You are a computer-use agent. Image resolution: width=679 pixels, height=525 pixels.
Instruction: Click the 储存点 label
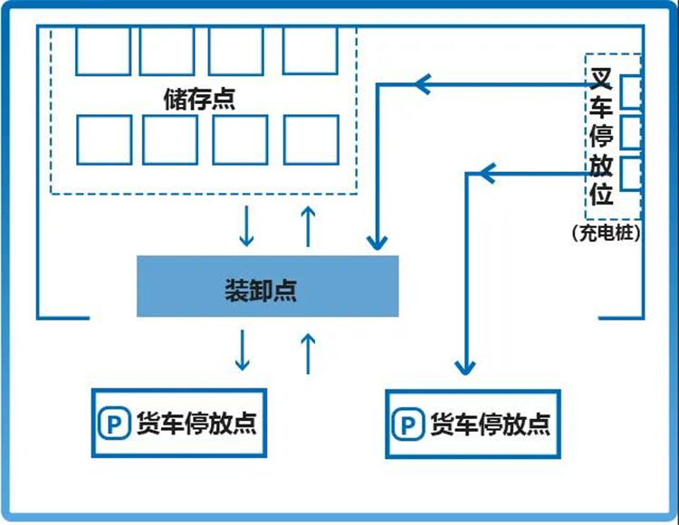tap(198, 98)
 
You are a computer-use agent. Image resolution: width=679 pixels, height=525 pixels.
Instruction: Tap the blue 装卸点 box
tap(267, 286)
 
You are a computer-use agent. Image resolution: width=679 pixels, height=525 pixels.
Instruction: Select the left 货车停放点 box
tap(181, 423)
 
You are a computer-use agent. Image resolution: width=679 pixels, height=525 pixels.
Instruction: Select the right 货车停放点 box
tap(473, 424)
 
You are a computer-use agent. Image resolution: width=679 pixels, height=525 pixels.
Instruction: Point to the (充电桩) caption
tap(607, 233)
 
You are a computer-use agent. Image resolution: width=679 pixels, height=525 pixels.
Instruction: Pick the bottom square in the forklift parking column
tap(630, 172)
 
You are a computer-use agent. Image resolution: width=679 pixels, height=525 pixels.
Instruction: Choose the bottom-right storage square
tap(311, 139)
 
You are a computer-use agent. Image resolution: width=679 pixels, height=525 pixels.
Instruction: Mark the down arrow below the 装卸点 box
tap(243, 350)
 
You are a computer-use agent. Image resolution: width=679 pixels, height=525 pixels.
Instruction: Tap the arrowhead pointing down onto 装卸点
tap(376, 242)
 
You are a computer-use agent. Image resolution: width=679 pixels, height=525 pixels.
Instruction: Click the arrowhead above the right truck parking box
tap(464, 366)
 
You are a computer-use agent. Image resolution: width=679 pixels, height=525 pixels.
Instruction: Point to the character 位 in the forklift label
tap(602, 194)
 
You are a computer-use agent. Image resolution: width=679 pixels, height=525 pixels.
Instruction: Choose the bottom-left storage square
tap(102, 139)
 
